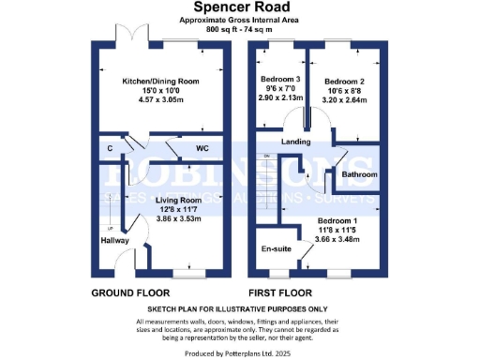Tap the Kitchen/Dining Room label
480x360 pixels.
pos(164,82)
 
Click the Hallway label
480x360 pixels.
pos(115,240)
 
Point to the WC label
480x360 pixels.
pos(202,148)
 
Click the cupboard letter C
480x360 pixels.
pos(111,148)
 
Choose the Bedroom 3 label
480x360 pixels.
pos(281,79)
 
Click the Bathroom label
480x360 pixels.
pos(359,175)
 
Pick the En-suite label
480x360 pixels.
pos(277,249)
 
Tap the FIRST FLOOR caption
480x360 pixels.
pos(285,292)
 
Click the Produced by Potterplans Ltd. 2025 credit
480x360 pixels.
pos(240,352)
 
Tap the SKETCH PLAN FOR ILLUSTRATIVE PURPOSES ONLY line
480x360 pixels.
pos(240,308)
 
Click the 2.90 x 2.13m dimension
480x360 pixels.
pos(281,97)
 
